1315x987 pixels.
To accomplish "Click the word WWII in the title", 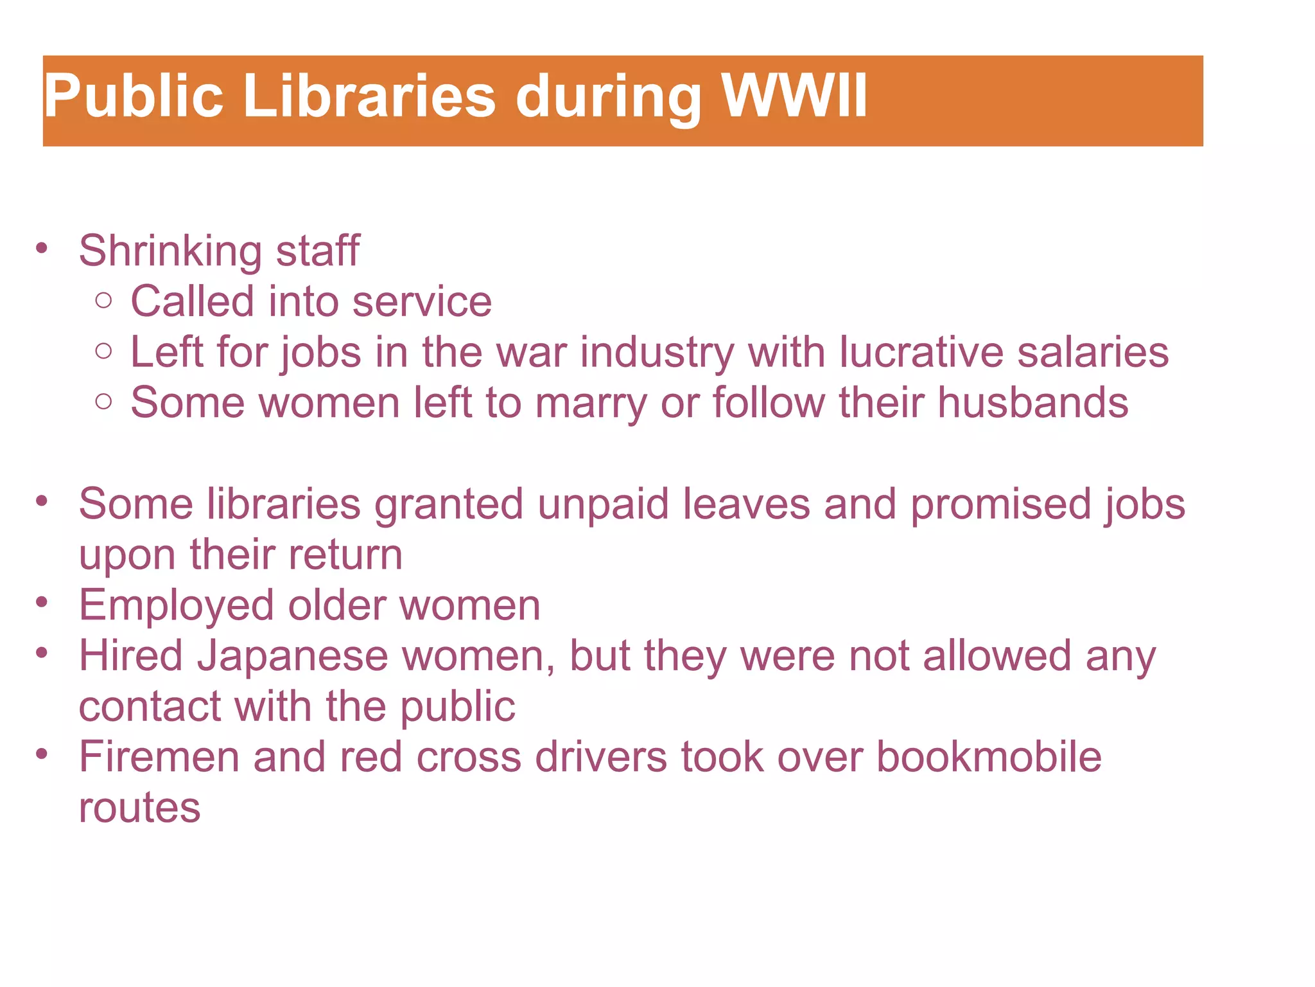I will pos(794,96).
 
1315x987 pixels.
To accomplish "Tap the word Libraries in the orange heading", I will pos(370,96).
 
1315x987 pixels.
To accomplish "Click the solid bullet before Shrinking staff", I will pos(42,249).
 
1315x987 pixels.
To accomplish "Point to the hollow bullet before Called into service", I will pos(103,300).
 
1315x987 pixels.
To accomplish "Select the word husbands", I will pos(1032,403).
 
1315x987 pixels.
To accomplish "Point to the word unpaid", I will pos(602,504).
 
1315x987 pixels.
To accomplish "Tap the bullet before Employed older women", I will pos(42,603).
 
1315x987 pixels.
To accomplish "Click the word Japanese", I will pos(292,657).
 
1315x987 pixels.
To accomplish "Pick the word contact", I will pos(150,707).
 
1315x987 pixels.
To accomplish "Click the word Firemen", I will pos(159,757).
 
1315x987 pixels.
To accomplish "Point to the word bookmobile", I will pos(989,757).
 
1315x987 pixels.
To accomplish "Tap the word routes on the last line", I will pos(139,808).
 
